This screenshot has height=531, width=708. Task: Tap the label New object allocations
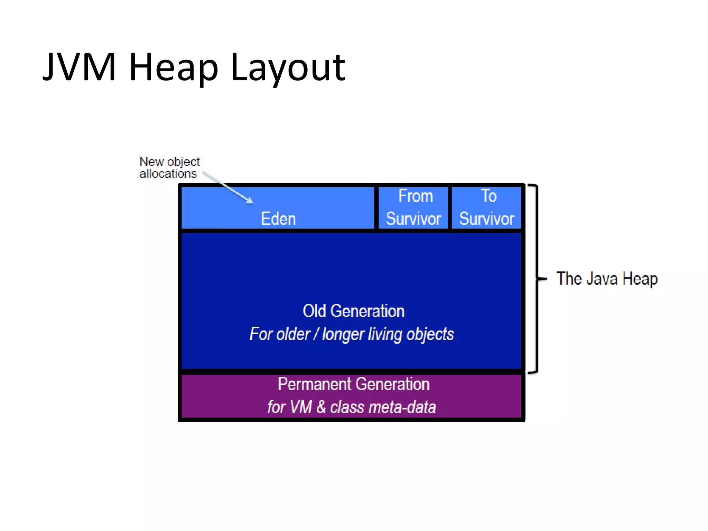pyautogui.click(x=169, y=168)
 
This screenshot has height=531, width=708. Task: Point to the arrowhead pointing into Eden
pyautogui.click(x=249, y=201)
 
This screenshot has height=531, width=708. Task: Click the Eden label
pyautogui.click(x=278, y=219)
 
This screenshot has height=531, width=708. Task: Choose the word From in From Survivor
pyautogui.click(x=416, y=196)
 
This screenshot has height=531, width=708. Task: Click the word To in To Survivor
pyautogui.click(x=488, y=196)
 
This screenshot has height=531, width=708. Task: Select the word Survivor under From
pyautogui.click(x=413, y=219)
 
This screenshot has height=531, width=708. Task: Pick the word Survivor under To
pyautogui.click(x=487, y=219)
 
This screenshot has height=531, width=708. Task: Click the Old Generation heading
pyautogui.click(x=353, y=311)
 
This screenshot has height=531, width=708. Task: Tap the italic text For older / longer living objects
pyautogui.click(x=352, y=334)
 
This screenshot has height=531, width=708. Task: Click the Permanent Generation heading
pyautogui.click(x=353, y=384)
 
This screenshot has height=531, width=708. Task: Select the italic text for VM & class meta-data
pyautogui.click(x=352, y=407)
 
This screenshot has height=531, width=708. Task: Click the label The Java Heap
pyautogui.click(x=607, y=279)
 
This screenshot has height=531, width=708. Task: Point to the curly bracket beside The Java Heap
pyautogui.click(x=536, y=279)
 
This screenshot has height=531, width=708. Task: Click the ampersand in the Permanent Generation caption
pyautogui.click(x=321, y=407)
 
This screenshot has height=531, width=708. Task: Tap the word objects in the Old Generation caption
pyautogui.click(x=430, y=334)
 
